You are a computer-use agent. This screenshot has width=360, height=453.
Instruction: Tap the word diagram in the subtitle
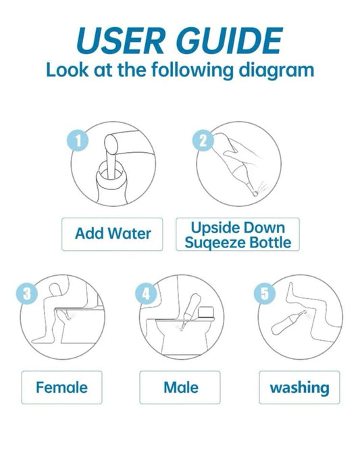[278, 70]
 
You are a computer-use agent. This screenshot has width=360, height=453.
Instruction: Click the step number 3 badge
[26, 293]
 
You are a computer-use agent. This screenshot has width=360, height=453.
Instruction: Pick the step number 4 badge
[147, 293]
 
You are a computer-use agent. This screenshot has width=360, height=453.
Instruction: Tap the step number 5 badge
[265, 293]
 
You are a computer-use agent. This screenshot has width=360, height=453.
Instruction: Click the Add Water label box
[113, 234]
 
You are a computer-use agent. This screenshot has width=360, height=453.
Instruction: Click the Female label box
[61, 387]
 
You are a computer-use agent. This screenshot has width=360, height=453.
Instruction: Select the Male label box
[180, 387]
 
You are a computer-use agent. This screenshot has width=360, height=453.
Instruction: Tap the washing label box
[299, 387]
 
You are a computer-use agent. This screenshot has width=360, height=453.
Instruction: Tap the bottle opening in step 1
[108, 165]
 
